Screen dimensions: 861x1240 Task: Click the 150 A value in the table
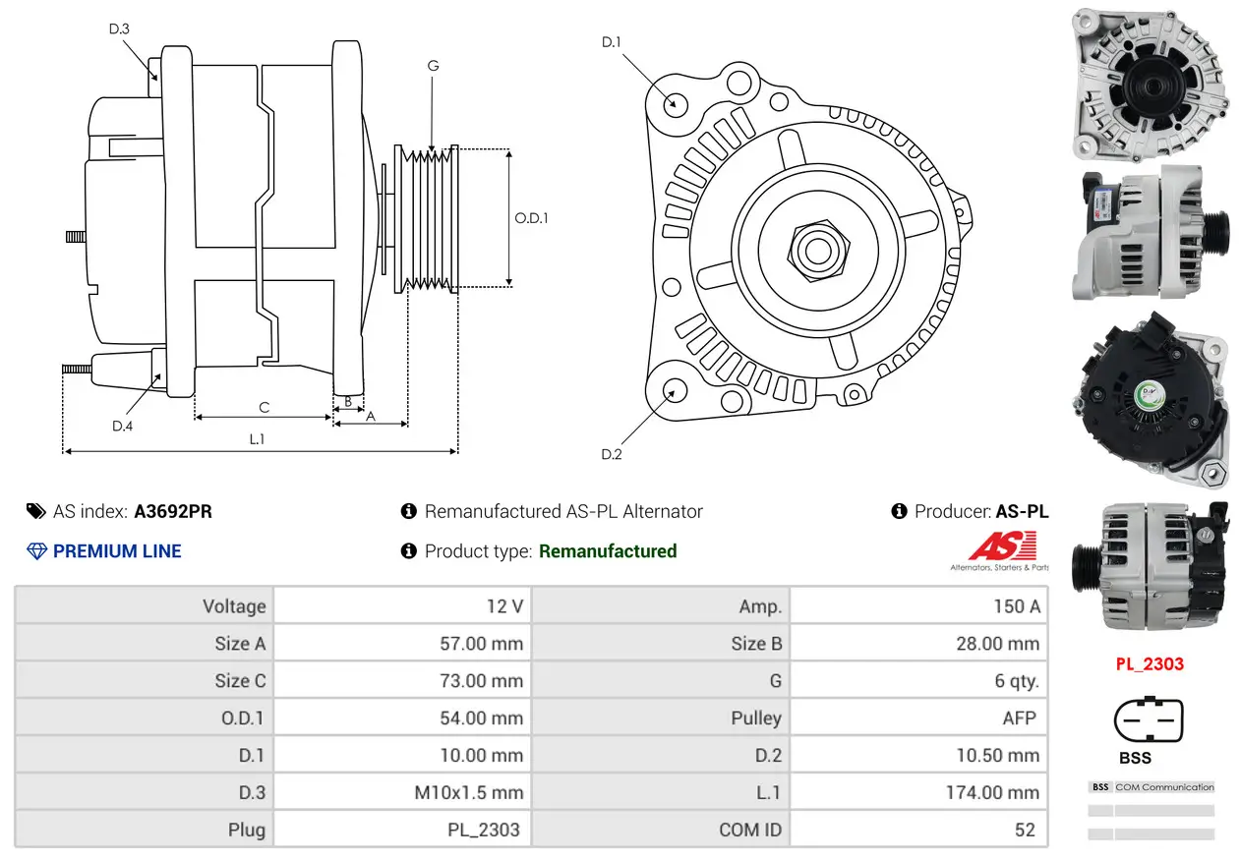pyautogui.click(x=1016, y=606)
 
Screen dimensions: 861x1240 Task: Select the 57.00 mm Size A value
pyautogui.click(x=481, y=644)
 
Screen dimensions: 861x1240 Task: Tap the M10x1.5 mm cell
pyautogui.click(x=468, y=793)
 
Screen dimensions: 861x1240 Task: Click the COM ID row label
pyautogui.click(x=750, y=831)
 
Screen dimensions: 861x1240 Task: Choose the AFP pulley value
pyautogui.click(x=1019, y=718)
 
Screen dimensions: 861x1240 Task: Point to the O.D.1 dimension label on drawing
pyautogui.click(x=531, y=218)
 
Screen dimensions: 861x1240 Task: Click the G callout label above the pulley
pyautogui.click(x=433, y=66)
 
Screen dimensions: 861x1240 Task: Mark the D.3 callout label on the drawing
pyautogui.click(x=119, y=29)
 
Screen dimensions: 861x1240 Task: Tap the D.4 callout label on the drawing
pyautogui.click(x=122, y=426)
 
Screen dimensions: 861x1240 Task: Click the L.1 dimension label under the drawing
pyautogui.click(x=257, y=439)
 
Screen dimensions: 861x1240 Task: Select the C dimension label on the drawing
pyautogui.click(x=264, y=407)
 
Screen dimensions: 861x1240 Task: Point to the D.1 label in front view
pyautogui.click(x=612, y=41)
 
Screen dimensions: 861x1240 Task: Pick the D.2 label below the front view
pyautogui.click(x=612, y=454)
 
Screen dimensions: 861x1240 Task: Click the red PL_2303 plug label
pyautogui.click(x=1150, y=664)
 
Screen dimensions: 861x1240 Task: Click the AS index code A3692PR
pyautogui.click(x=173, y=511)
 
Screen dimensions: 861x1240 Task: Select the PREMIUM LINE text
pyautogui.click(x=117, y=551)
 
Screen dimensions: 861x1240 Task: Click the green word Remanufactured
pyautogui.click(x=608, y=551)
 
